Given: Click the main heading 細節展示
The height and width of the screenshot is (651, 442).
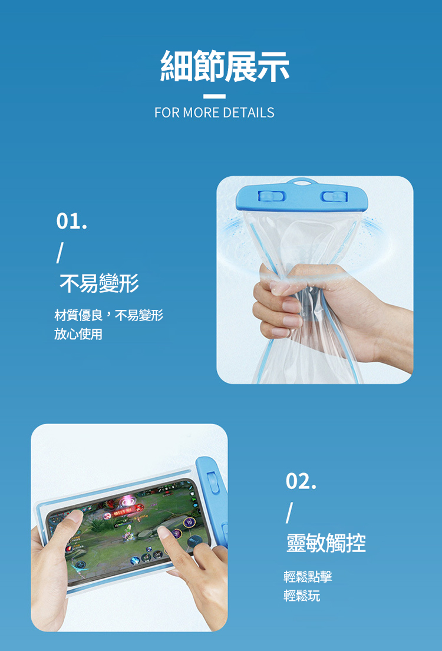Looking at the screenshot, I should point(225,66).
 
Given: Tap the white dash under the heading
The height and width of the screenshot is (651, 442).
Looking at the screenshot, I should point(215,97).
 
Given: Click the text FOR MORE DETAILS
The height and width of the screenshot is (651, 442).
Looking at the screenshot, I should point(215,113).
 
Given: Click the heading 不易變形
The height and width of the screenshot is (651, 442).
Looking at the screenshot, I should point(99,285).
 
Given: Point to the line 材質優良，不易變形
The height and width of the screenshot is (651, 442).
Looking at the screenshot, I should point(108,316).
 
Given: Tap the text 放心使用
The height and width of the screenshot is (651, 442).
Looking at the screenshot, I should point(78,335).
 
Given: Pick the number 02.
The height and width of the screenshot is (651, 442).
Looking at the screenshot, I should point(301,481).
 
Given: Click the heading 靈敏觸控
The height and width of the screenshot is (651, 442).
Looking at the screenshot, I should point(326,543).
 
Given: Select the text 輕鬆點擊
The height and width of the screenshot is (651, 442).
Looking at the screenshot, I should point(308,577).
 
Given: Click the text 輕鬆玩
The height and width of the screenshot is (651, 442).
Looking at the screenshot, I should point(302,596).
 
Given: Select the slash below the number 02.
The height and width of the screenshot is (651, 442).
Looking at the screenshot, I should point(288,511).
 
